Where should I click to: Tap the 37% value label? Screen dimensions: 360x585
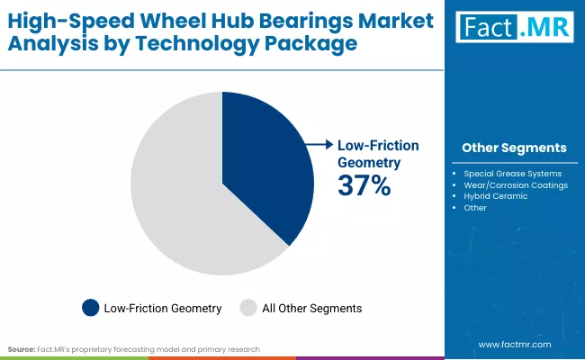(x=364, y=186)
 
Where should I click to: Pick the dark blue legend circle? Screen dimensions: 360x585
(x=90, y=308)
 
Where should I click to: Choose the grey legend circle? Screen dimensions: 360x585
(x=247, y=308)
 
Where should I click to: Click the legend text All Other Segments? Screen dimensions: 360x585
(x=311, y=308)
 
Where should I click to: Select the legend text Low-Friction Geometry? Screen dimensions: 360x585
(x=162, y=308)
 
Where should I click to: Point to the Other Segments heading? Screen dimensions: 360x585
(x=513, y=148)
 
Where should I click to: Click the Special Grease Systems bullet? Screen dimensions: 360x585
(x=512, y=173)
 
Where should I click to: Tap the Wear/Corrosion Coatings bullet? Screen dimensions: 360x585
(x=516, y=184)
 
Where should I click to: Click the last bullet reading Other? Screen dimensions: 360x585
(x=475, y=208)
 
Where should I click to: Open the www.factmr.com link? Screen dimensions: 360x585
(x=515, y=344)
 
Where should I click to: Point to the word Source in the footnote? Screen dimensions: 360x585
(x=22, y=347)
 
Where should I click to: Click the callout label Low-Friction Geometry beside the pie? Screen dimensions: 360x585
(x=378, y=153)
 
